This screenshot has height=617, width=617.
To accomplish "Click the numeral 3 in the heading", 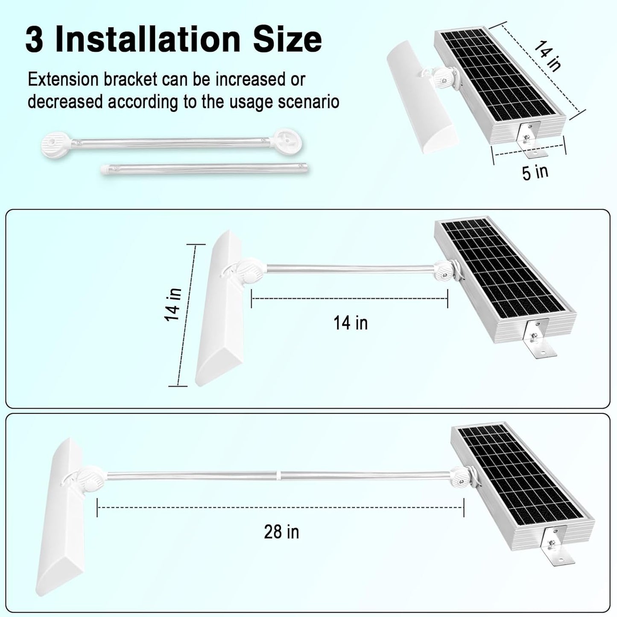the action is pos(34,40).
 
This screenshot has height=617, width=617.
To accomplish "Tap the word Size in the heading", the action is pos(287,40).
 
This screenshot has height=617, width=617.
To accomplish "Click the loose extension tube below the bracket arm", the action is pos(205,168).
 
